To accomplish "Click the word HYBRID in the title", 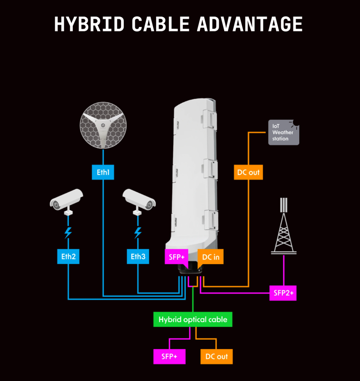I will click(x=89, y=24).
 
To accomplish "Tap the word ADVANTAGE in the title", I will click(x=250, y=24).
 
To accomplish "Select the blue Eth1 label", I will click(x=103, y=172).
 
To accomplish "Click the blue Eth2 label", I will click(x=68, y=256).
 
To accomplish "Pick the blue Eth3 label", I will click(x=138, y=256).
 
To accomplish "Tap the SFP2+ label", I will click(x=283, y=293).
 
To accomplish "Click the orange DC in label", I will click(x=211, y=257).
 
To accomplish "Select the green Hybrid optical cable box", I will click(x=193, y=320).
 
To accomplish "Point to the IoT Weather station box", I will click(x=283, y=132).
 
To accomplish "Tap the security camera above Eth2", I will click(x=67, y=201).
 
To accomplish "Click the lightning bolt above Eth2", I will click(x=68, y=233).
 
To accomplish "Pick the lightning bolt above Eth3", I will click(x=138, y=233).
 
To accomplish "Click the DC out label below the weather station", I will click(x=248, y=172).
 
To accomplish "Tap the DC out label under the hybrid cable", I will click(x=216, y=356).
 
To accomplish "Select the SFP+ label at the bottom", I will click(x=169, y=356).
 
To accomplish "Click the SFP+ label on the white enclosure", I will click(x=176, y=257).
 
